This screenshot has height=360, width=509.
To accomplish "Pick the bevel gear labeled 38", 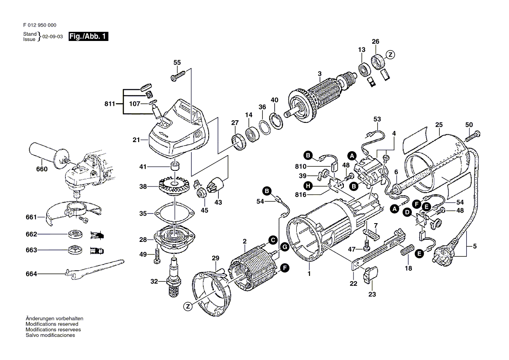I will pos(174,186).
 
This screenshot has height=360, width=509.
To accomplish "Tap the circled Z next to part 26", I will pos(391,55).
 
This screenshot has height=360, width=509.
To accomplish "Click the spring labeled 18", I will pos(406,252).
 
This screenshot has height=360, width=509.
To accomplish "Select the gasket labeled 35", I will pos(173,214).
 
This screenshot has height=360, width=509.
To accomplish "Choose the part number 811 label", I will pos(110,104).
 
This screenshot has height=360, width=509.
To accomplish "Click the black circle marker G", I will pos(284,247).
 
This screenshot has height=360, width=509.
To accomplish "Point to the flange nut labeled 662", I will pos(76,234).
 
